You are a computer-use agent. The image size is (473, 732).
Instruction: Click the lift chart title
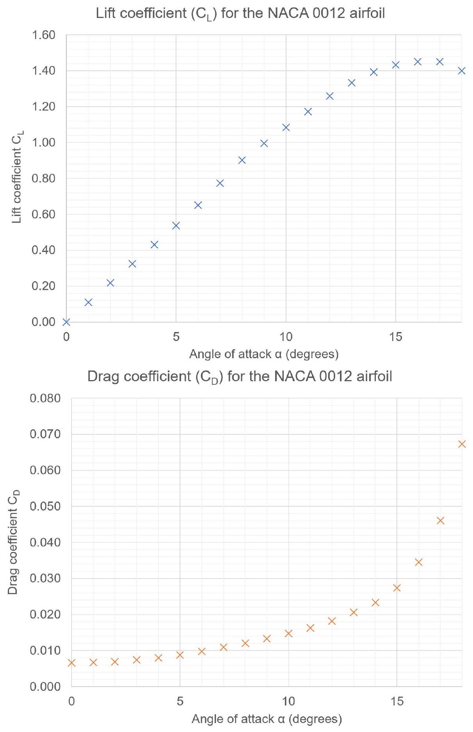pyautogui.click(x=240, y=14)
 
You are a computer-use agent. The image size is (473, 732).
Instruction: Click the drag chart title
pyautogui.click(x=240, y=377)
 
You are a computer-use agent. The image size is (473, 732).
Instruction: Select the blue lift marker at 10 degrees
pyautogui.click(x=286, y=127)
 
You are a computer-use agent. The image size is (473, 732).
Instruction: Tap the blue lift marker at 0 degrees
pyautogui.click(x=66, y=322)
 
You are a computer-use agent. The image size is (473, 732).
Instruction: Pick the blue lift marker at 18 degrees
pyautogui.click(x=462, y=71)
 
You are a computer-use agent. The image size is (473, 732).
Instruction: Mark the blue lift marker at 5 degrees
pyautogui.click(x=176, y=225)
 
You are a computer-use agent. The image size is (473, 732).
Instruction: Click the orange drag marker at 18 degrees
pyautogui.click(x=462, y=444)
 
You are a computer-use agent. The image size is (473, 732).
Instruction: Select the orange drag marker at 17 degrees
pyautogui.click(x=441, y=520)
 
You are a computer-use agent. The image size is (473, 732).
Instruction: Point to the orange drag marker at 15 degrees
pyautogui.click(x=397, y=587)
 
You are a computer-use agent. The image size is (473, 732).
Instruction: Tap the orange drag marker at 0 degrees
pyautogui.click(x=71, y=662)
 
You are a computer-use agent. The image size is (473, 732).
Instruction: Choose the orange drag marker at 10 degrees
pyautogui.click(x=288, y=633)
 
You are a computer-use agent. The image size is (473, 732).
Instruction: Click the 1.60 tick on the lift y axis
pyautogui.click(x=44, y=35)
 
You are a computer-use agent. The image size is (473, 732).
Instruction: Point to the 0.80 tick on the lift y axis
pyautogui.click(x=44, y=179)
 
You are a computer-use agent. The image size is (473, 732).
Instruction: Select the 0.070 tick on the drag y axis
pyautogui.click(x=45, y=434)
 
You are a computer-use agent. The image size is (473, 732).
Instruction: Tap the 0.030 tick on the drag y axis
pyautogui.click(x=45, y=578)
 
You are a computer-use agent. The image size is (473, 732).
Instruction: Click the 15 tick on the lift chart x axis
pyautogui.click(x=396, y=337)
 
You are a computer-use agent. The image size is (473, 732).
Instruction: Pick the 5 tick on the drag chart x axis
pyautogui.click(x=180, y=701)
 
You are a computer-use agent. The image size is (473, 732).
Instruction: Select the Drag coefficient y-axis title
pyautogui.click(x=14, y=542)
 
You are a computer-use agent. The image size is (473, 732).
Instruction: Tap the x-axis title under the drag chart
pyautogui.click(x=267, y=719)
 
